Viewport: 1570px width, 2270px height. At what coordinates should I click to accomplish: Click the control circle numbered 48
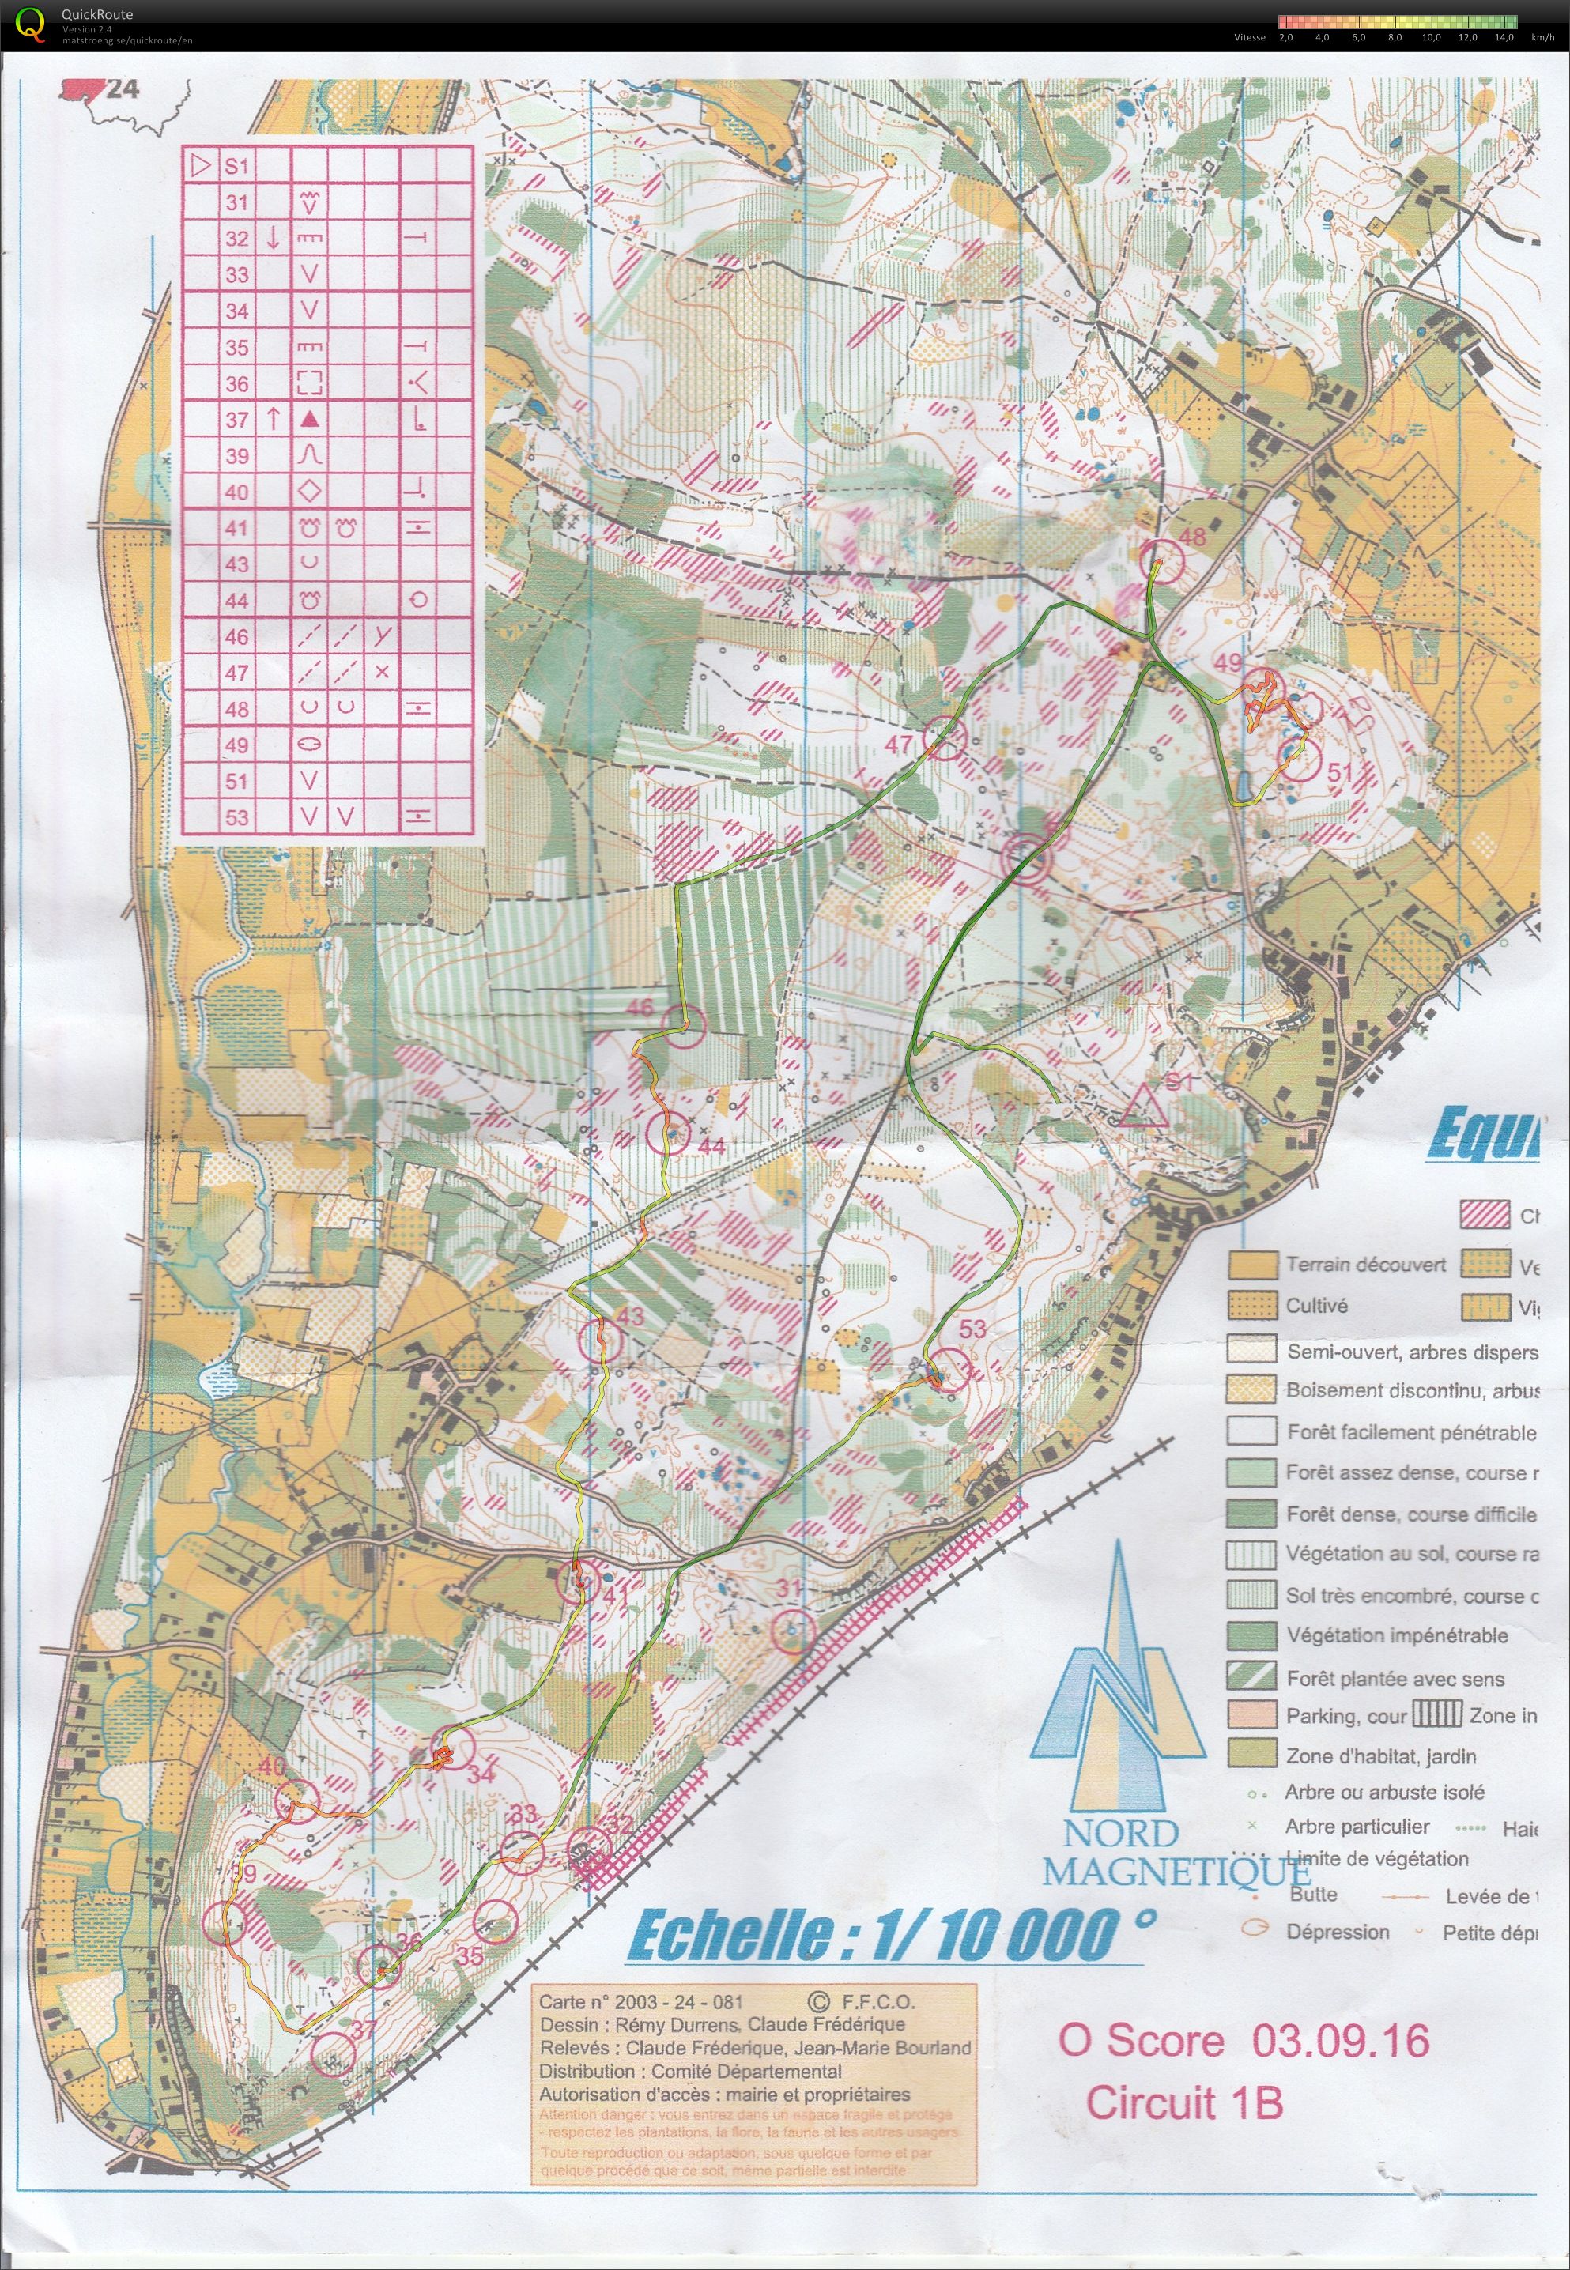point(1164,560)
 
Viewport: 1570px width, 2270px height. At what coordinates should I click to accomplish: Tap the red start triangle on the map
point(1142,1107)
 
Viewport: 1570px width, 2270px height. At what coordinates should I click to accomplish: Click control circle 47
point(945,737)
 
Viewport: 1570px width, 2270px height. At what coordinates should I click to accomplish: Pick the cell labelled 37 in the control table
point(236,420)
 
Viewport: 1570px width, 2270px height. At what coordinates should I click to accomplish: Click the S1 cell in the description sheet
point(236,166)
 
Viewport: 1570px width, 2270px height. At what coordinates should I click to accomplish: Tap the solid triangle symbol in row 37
point(310,420)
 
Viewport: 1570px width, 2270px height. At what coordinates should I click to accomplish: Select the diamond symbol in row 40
point(310,492)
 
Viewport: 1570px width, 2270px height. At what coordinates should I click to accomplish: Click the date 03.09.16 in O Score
point(1340,2041)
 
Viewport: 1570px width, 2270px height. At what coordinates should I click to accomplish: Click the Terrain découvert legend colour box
point(1251,1265)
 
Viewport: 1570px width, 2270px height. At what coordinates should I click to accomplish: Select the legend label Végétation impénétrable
point(1397,1635)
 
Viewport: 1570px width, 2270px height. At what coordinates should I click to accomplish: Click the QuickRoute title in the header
point(96,13)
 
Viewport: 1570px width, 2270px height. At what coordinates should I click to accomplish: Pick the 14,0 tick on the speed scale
point(1504,37)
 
